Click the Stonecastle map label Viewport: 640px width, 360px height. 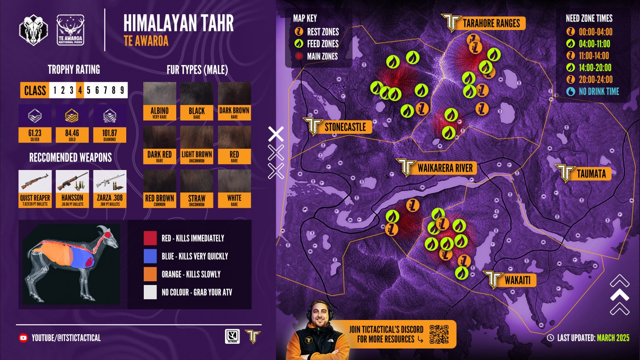pos(345,127)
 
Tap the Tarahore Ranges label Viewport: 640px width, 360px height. pos(491,23)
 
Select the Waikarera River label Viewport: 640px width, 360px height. pos(445,168)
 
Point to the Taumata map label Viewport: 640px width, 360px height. pos(591,174)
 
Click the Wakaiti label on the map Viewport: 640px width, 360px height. pos(517,280)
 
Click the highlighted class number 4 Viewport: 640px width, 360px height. pos(80,90)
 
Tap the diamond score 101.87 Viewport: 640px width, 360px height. pos(110,133)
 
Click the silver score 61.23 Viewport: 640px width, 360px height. pos(35,133)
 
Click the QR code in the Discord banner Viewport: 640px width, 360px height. pos(439,334)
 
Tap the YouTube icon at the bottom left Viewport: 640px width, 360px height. pos(23,338)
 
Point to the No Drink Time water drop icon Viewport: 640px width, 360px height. pos(570,92)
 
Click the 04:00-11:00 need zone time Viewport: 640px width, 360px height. pos(594,44)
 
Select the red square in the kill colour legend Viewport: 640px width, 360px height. pos(150,238)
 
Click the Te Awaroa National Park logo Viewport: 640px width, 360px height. pos(70,30)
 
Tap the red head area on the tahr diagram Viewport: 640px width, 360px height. pos(109,234)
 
